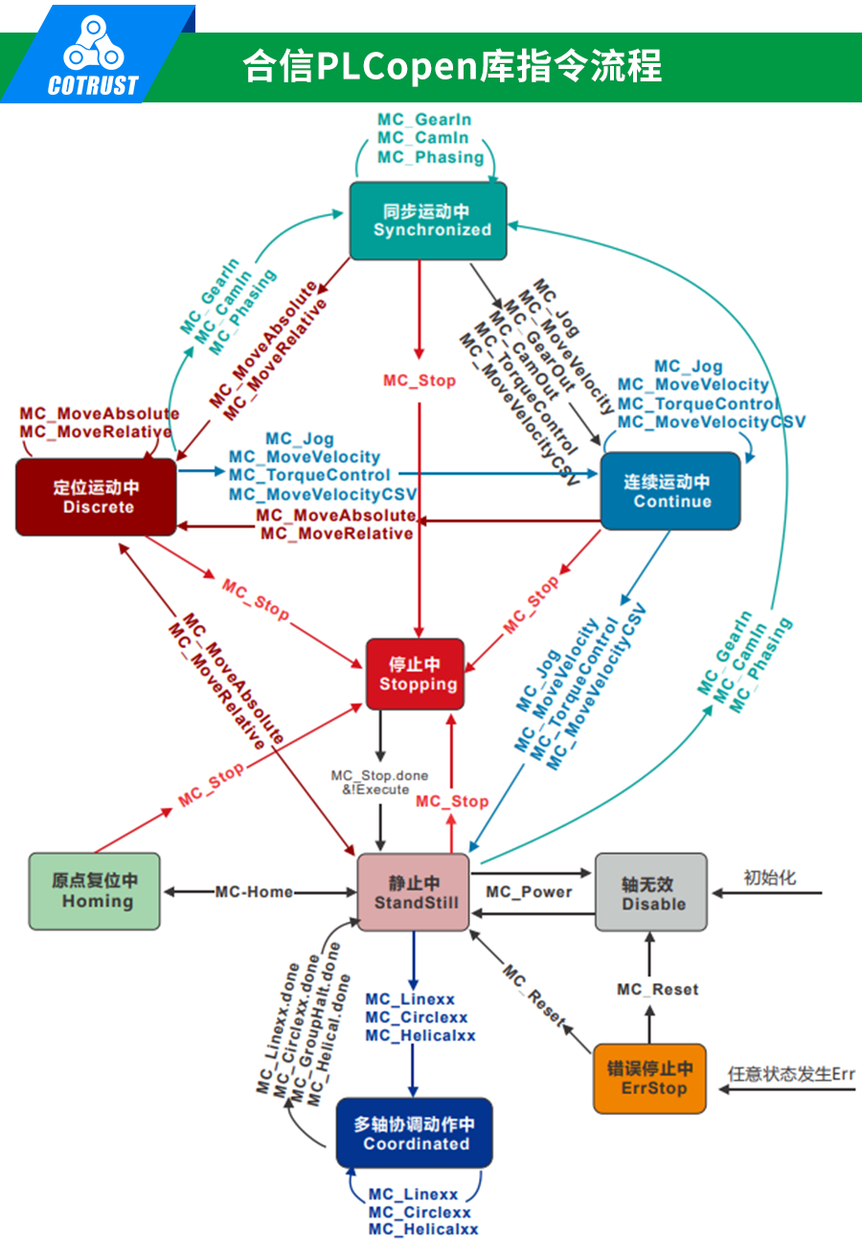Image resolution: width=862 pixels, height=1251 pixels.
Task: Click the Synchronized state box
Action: (x=427, y=221)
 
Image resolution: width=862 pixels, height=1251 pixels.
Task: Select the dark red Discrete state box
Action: (x=97, y=497)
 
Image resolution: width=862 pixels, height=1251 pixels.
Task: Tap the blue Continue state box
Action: (x=670, y=491)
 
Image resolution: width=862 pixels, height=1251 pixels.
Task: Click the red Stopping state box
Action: (x=416, y=674)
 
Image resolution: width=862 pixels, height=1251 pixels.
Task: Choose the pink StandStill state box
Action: (x=414, y=892)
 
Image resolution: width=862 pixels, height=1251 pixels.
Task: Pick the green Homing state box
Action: (x=95, y=891)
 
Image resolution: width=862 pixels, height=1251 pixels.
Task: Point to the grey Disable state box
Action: (x=651, y=892)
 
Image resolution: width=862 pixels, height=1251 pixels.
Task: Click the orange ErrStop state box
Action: (x=649, y=1079)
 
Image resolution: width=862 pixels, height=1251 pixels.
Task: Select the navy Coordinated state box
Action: (x=414, y=1133)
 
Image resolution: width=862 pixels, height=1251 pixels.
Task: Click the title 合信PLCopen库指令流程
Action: (x=451, y=66)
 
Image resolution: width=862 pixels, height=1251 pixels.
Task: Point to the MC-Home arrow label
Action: (x=254, y=892)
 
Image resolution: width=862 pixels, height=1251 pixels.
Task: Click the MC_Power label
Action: (x=529, y=892)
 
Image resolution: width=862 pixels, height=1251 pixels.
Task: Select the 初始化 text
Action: (x=769, y=878)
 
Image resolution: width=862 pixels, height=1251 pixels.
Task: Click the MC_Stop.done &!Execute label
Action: (x=379, y=782)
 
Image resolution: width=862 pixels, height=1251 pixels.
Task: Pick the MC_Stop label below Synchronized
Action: (x=420, y=381)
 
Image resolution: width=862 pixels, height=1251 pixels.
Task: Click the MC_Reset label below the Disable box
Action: (x=657, y=990)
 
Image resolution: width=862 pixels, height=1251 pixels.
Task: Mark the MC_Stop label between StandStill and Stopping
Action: (x=452, y=801)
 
